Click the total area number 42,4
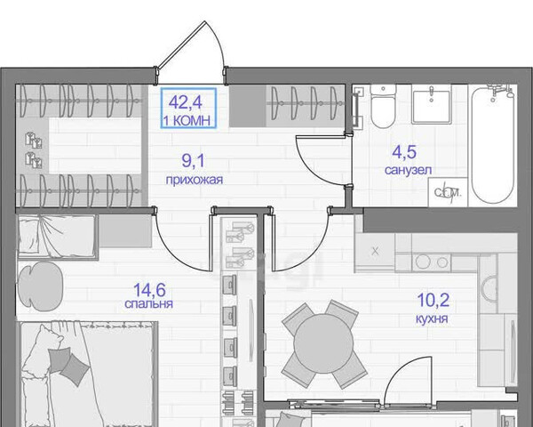[x=186, y=101]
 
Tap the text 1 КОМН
[x=187, y=121]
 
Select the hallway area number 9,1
[x=193, y=161]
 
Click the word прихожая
[x=194, y=180]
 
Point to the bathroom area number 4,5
[x=404, y=152]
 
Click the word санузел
[x=408, y=170]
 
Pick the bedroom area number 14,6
[x=149, y=290]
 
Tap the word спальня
[x=148, y=303]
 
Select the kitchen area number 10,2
[x=434, y=300]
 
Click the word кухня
[x=432, y=319]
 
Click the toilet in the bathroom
[x=383, y=106]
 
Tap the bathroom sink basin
[x=432, y=104]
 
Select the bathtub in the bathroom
[x=493, y=144]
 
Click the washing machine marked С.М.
[x=448, y=192]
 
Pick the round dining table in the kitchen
[x=323, y=343]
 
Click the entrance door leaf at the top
[x=181, y=44]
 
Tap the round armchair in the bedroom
[x=40, y=286]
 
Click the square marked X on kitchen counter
[x=375, y=252]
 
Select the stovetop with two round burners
[x=432, y=262]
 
